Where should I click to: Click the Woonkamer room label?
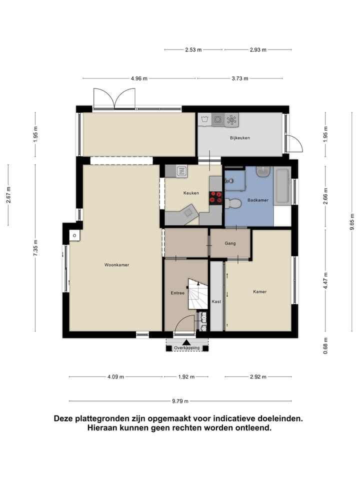click(x=116, y=265)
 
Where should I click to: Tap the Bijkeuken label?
click(x=239, y=138)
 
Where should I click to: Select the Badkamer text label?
click(x=258, y=200)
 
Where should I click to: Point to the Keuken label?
click(x=191, y=193)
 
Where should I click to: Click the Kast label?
click(x=216, y=301)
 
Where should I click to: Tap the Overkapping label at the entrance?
click(x=186, y=348)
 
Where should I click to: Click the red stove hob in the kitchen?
click(x=215, y=197)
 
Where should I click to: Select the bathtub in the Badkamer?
click(x=281, y=186)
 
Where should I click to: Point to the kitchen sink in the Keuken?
click(x=181, y=170)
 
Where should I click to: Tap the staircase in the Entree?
click(x=198, y=294)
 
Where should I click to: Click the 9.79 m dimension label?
click(x=180, y=401)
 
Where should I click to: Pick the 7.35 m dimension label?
click(x=36, y=248)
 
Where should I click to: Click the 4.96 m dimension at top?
click(x=139, y=78)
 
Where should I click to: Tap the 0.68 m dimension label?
click(x=325, y=346)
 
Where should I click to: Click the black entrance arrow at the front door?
click(x=186, y=342)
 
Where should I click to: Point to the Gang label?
click(x=230, y=243)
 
